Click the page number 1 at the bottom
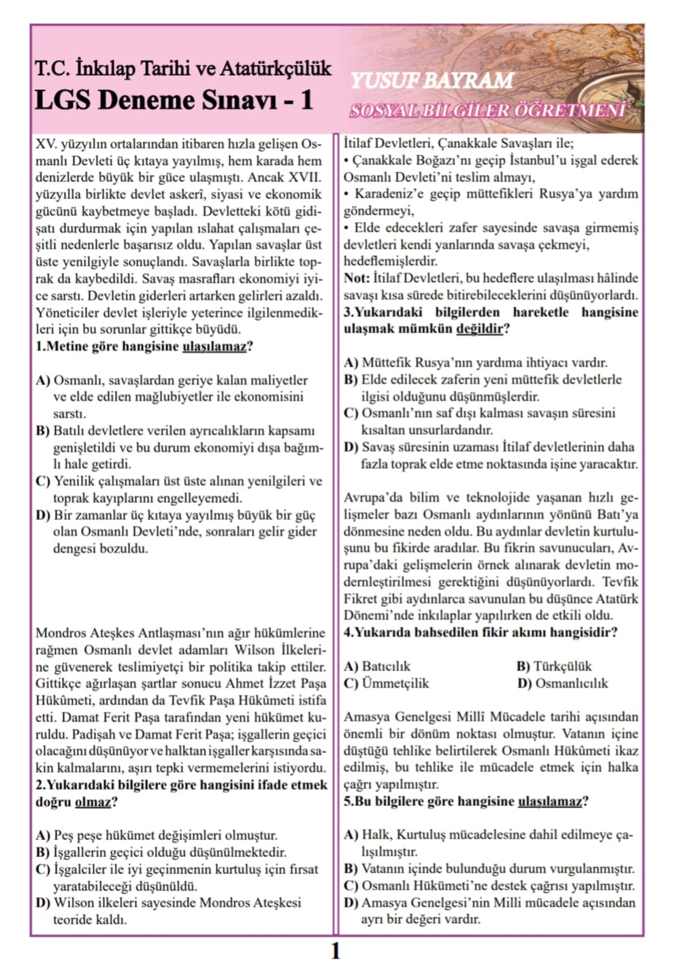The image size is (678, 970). coord(335,950)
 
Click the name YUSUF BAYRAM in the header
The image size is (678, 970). coord(432,81)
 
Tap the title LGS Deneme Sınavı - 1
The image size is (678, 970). coord(174,101)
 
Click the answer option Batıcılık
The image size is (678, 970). coord(386,666)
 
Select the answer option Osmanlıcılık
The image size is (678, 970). coord(572,683)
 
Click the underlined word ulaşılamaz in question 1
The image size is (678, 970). coord(214,346)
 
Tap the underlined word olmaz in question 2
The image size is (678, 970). coord(93,802)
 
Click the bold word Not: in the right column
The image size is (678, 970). coord(356,278)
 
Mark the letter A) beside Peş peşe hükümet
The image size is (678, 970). coord(43,835)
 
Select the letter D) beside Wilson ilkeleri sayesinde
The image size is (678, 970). coord(43,903)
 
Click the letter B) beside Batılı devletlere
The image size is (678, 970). coord(43,431)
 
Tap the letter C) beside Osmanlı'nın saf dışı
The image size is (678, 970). coord(351,413)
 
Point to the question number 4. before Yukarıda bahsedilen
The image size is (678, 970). coord(348,632)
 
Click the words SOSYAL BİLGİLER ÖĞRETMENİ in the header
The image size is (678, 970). coord(487,111)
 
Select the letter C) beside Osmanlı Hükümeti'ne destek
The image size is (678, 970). coord(351,886)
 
